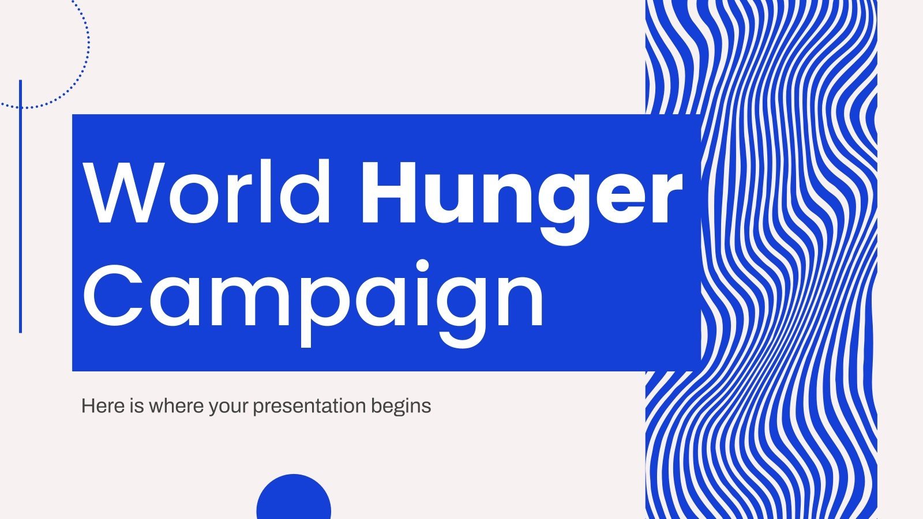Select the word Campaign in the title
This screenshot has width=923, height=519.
[313, 297]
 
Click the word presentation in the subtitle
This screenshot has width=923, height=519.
[309, 407]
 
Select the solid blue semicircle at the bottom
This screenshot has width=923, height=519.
[294, 499]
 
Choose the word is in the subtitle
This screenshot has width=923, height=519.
[136, 406]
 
